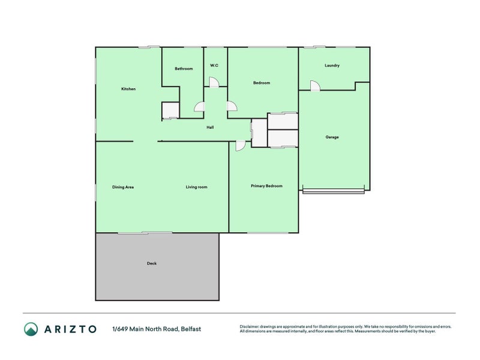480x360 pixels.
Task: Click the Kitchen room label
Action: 128,89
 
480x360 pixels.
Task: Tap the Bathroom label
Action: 184,68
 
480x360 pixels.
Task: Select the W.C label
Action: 214,65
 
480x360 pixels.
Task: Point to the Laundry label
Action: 332,65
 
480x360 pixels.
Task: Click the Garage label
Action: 332,137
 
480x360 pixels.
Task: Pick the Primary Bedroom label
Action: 266,186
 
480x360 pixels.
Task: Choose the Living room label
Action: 197,187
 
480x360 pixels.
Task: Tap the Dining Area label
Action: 123,187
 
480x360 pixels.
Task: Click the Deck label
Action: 152,263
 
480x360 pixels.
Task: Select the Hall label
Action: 210,127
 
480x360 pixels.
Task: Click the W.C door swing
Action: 214,82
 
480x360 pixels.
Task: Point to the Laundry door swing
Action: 315,86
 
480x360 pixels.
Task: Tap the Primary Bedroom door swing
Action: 241,146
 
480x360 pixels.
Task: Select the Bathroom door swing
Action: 200,107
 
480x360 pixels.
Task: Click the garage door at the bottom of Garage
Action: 334,191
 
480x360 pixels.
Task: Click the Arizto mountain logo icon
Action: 31,329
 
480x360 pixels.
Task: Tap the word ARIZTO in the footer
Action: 70,329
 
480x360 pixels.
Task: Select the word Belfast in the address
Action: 191,329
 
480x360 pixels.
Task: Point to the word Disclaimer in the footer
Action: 249,326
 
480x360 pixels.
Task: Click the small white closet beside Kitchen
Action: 170,110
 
